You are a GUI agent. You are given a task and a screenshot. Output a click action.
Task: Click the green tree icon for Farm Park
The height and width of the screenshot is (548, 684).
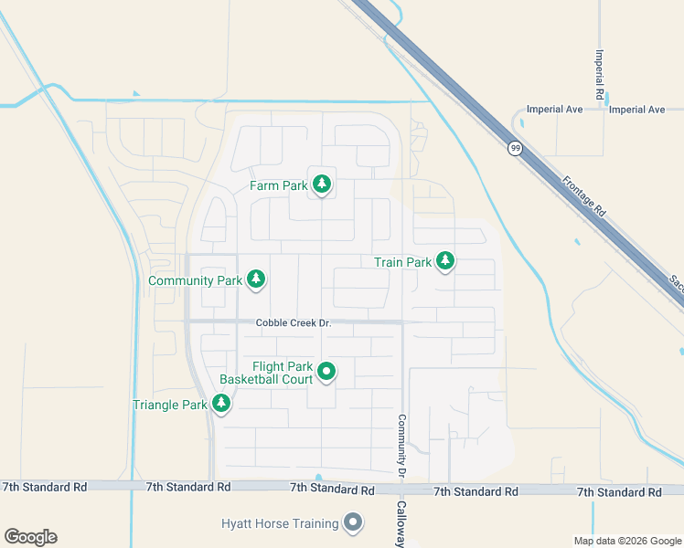(321, 185)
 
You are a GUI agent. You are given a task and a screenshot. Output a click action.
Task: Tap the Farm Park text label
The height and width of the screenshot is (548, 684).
(279, 186)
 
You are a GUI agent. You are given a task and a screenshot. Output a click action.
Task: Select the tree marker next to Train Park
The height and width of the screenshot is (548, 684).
(444, 262)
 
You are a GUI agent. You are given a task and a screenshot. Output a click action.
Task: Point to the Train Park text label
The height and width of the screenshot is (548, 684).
(402, 262)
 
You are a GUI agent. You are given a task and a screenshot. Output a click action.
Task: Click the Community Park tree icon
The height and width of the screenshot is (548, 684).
(256, 280)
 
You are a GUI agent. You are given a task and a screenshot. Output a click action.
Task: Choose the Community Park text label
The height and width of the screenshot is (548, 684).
(195, 280)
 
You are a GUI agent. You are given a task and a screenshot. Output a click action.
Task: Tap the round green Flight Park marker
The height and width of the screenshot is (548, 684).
(326, 372)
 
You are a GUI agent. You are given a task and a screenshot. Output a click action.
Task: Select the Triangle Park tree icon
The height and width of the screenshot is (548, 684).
(220, 404)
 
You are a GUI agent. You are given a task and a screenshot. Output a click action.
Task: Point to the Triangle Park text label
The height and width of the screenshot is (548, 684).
(170, 405)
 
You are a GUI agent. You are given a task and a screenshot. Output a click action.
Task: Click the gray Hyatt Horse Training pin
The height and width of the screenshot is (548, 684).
(353, 523)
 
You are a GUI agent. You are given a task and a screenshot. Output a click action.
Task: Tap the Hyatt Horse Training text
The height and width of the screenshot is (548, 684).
(279, 523)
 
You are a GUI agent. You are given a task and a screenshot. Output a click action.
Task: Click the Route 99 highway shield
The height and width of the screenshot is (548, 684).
(516, 148)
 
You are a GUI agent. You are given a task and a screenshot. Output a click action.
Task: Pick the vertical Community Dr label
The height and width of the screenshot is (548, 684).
(401, 447)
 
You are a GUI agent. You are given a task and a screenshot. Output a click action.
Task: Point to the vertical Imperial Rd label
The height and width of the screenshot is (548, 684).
(601, 74)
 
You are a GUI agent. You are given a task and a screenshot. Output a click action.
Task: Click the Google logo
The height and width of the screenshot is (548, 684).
(30, 536)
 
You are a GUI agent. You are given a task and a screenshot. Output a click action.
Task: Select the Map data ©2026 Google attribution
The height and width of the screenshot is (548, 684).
(626, 541)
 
